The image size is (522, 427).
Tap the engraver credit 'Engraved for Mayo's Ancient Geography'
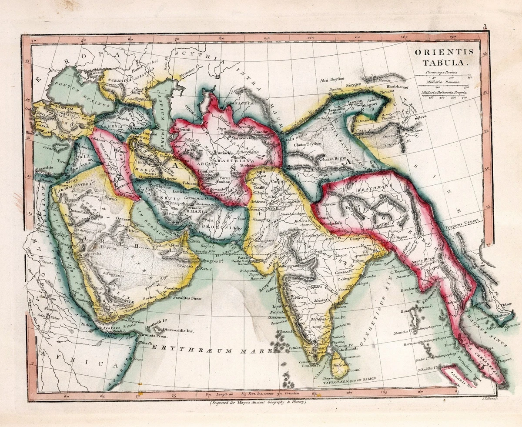click(x=258, y=402)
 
